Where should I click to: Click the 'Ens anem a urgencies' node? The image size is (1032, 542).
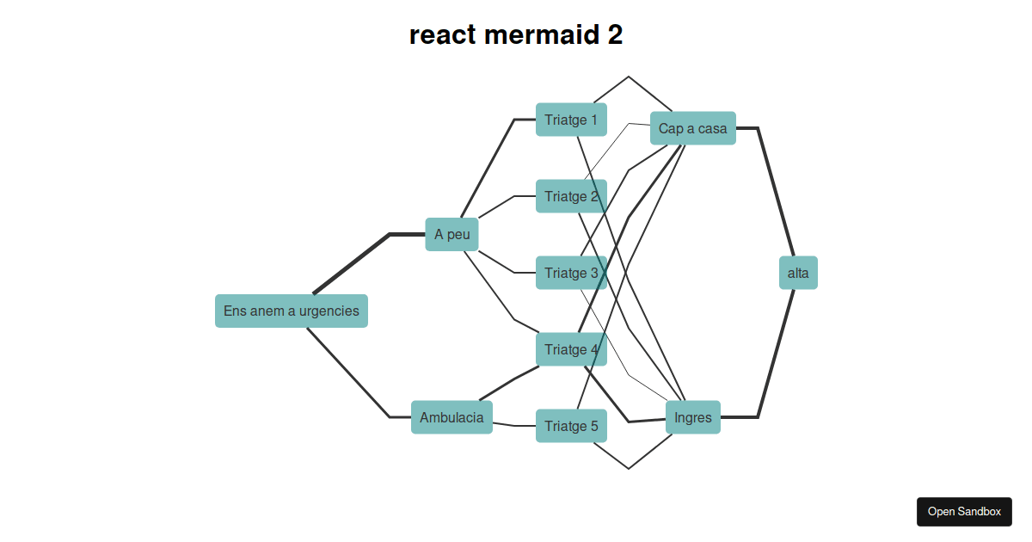click(x=291, y=311)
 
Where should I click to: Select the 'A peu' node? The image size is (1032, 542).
click(x=451, y=234)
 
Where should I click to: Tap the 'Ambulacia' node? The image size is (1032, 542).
click(x=451, y=417)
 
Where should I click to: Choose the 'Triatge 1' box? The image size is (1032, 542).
click(x=571, y=120)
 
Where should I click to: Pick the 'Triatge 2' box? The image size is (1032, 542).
click(x=571, y=196)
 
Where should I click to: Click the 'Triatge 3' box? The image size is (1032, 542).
click(x=571, y=273)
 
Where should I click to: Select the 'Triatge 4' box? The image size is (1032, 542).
click(x=571, y=349)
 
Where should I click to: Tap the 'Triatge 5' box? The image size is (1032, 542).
click(x=571, y=426)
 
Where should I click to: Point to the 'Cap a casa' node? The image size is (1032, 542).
click(x=692, y=128)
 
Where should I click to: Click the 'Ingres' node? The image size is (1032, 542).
click(x=692, y=417)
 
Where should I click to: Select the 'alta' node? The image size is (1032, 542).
click(x=798, y=273)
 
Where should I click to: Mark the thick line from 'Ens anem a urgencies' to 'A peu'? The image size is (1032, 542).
click(x=353, y=262)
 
